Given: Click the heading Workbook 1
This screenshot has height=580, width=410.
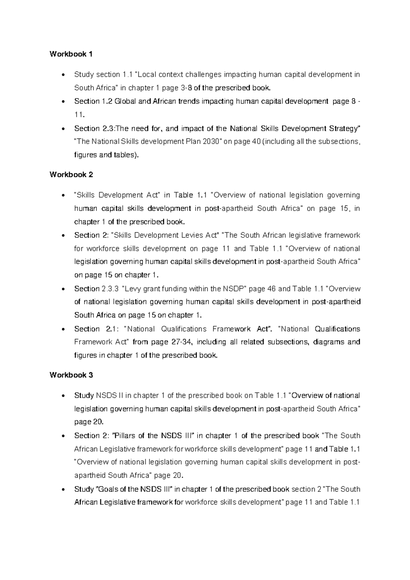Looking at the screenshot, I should pyautogui.click(x=71, y=54).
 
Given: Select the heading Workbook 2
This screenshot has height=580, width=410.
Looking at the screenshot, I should pyautogui.click(x=71, y=175).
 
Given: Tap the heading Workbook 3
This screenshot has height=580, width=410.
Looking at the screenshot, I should pyautogui.click(x=71, y=375).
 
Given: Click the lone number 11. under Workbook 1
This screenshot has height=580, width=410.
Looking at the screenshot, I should pyautogui.click(x=79, y=115).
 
